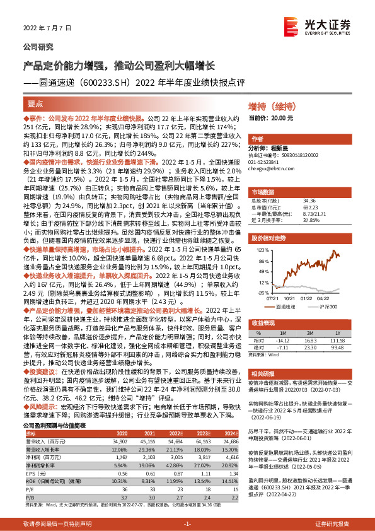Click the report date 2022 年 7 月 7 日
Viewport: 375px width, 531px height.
[43, 29]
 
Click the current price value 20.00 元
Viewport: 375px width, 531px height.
[286, 118]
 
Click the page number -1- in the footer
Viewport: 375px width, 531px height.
[187, 525]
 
